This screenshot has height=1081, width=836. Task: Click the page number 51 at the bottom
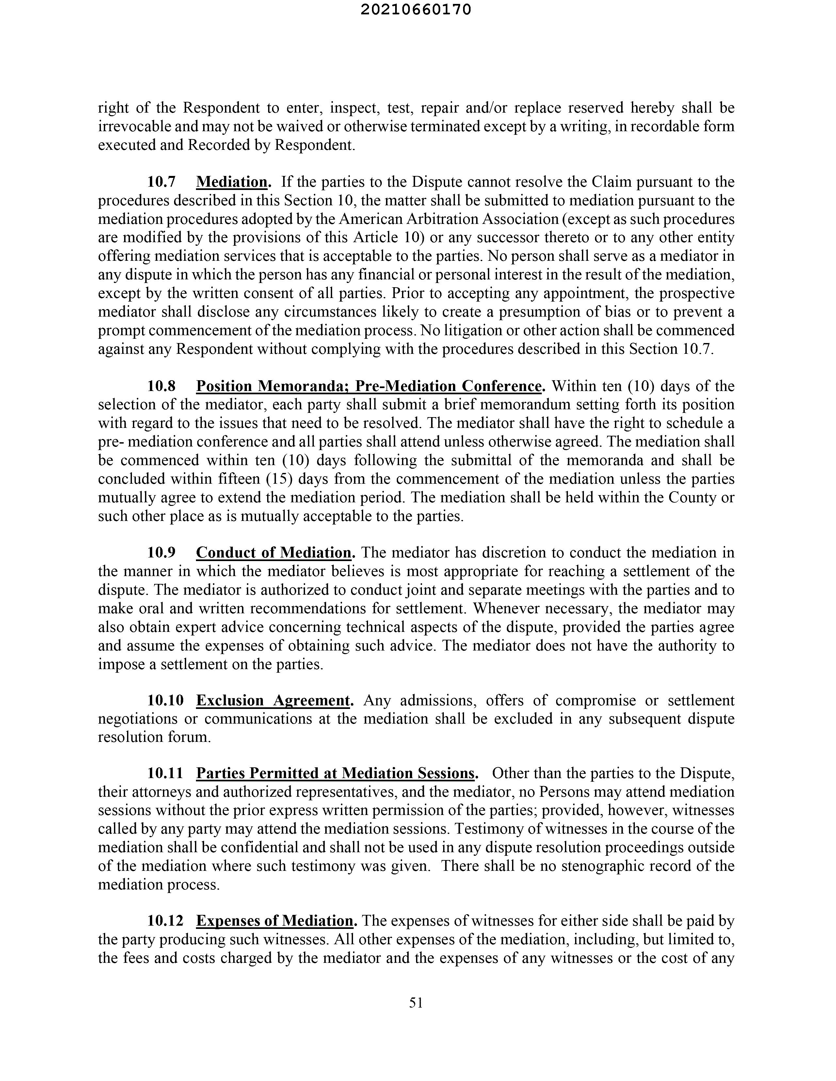pos(416,1002)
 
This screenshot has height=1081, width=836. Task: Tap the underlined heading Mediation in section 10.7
pos(232,182)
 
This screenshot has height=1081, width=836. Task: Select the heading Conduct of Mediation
pos(273,552)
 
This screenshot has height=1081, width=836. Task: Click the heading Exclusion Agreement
pos(273,700)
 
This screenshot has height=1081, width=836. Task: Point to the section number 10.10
pos(166,700)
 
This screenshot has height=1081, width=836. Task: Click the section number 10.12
pos(166,921)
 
